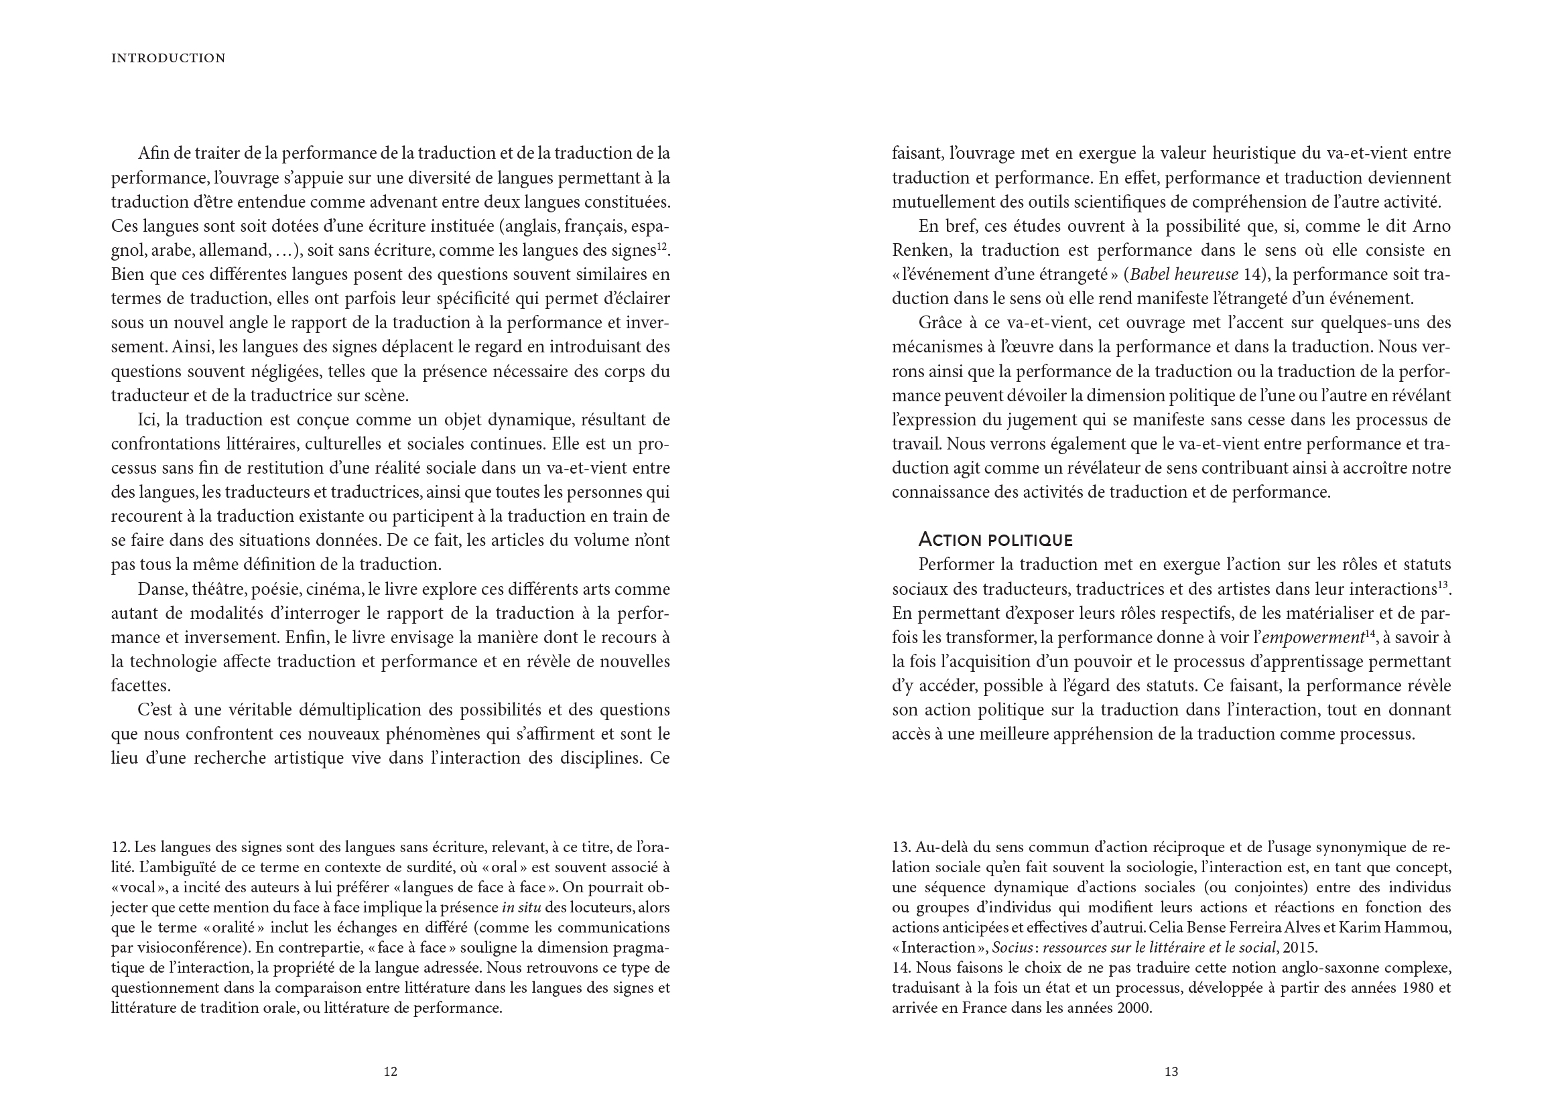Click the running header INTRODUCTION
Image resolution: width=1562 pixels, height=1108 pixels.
pos(168,59)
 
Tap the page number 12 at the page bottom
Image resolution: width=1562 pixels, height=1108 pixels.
pos(390,1072)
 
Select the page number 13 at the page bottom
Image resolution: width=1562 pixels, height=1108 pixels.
pos(1171,1072)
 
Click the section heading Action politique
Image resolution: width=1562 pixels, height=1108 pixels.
pos(996,541)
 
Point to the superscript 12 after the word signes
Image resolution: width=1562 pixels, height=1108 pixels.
pos(663,247)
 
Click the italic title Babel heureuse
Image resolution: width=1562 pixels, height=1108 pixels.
pos(1185,275)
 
